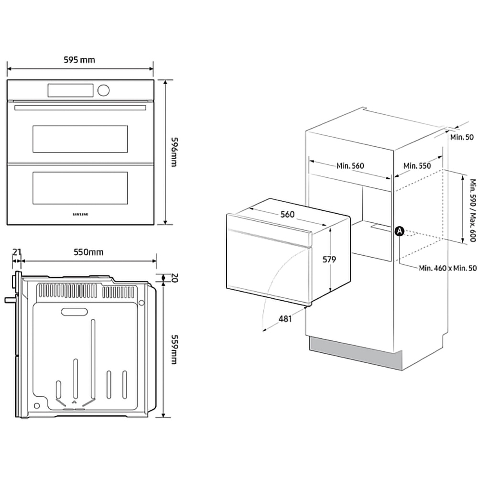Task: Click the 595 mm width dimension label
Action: click(79, 60)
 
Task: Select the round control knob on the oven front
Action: click(103, 90)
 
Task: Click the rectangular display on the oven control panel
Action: click(70, 89)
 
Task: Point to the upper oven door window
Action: click(80, 139)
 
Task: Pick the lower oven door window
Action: click(80, 187)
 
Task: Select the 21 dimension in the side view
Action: click(17, 252)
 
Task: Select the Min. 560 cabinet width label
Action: click(350, 166)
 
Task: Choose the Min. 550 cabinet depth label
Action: click(417, 166)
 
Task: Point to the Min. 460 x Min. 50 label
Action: click(447, 268)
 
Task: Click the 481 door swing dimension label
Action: click(285, 319)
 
